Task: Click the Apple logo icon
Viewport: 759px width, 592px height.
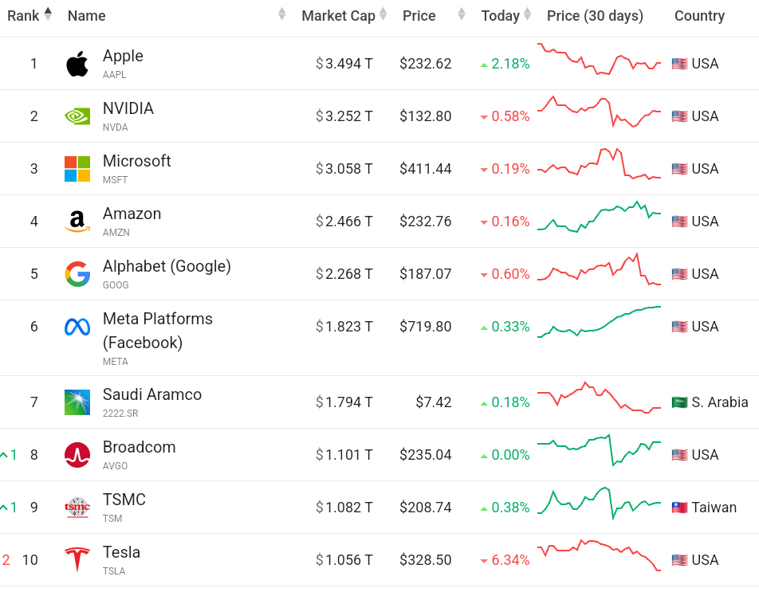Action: tap(77, 64)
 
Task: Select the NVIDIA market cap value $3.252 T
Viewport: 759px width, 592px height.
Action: tap(344, 116)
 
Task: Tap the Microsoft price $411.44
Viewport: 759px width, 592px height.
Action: tap(426, 169)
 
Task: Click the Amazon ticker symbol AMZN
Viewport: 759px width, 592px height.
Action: tap(116, 233)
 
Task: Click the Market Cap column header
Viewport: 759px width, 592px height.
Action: tap(338, 16)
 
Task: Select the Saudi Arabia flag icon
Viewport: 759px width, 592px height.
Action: tap(679, 402)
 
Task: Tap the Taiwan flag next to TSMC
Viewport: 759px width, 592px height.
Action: tap(679, 508)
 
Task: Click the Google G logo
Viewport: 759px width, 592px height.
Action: tap(77, 274)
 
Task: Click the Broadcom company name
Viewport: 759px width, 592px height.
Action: tap(139, 447)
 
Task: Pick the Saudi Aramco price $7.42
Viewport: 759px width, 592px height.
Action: tap(434, 402)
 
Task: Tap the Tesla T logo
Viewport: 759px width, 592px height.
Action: tap(77, 560)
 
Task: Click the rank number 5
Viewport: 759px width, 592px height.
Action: tap(34, 274)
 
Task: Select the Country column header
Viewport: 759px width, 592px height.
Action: tap(699, 16)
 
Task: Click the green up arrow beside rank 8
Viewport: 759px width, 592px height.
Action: tap(5, 455)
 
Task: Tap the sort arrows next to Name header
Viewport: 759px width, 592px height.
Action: tap(281, 15)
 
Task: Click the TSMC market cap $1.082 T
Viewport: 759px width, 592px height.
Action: tap(344, 508)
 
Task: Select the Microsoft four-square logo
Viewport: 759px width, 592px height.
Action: tap(77, 169)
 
